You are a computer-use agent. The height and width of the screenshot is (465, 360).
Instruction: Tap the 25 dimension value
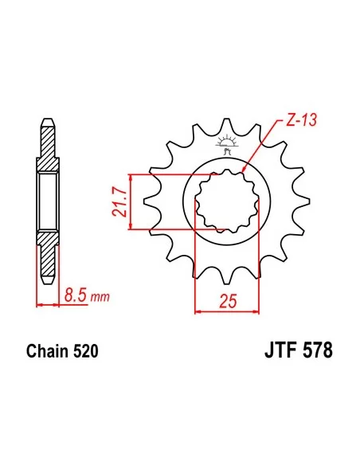coord(228,301)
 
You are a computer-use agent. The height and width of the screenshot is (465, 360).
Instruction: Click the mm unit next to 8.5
coord(99,298)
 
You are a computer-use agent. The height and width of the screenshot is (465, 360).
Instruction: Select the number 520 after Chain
coord(87,350)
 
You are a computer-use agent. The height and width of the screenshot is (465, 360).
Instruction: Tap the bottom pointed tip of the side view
coord(47,279)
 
